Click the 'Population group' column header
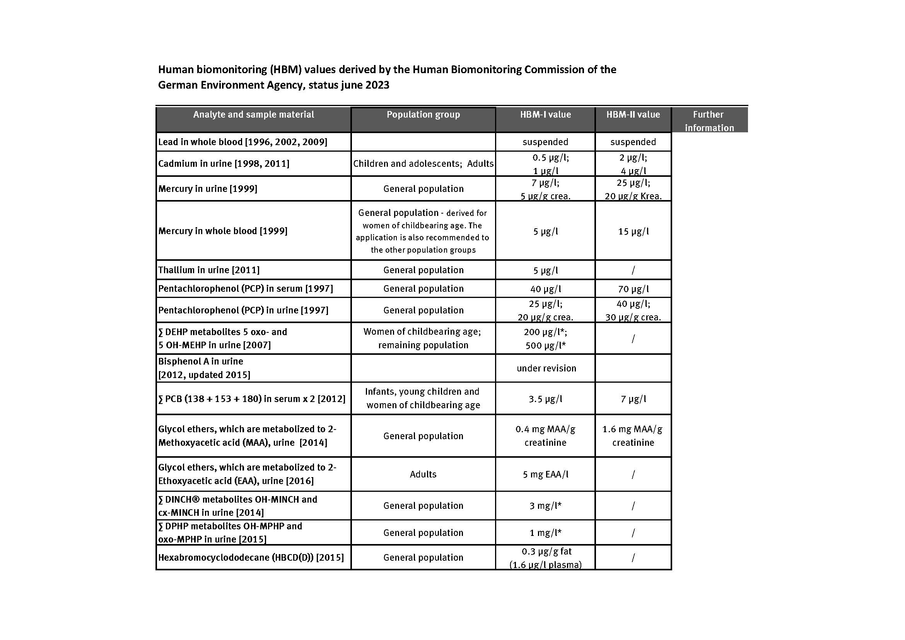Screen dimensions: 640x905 coord(423,115)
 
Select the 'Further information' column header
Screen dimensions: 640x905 coord(709,121)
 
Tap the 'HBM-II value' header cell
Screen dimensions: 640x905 coord(633,115)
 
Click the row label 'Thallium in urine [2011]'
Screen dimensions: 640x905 coord(209,270)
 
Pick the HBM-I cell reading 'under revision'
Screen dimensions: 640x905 coord(546,368)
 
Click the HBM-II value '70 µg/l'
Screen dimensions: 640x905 coord(633,289)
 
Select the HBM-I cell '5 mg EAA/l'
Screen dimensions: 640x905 coord(546,474)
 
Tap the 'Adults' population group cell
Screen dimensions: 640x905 coord(423,474)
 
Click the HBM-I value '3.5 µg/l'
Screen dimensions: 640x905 coord(546,399)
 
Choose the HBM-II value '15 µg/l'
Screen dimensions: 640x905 coord(633,231)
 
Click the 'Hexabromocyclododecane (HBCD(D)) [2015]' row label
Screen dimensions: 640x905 coord(251,558)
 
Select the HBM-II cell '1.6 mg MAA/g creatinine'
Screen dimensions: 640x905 coord(633,436)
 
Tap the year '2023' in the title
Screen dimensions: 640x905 coord(377,85)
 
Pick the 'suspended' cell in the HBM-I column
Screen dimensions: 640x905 coord(545,142)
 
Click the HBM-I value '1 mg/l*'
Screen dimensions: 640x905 coord(546,533)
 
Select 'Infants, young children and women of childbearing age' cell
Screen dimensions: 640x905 coord(423,398)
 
